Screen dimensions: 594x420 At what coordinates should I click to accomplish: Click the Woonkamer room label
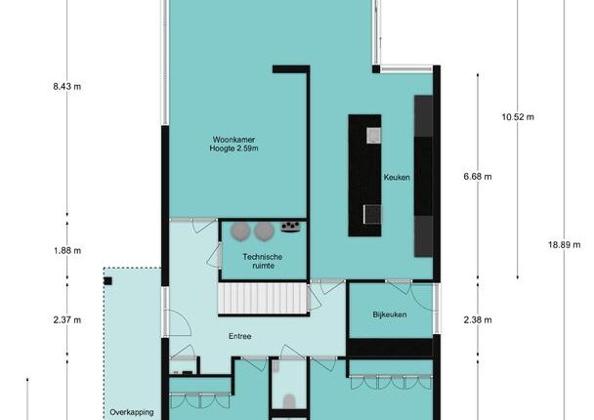tap(233, 140)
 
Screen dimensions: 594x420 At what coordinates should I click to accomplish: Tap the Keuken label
tap(397, 177)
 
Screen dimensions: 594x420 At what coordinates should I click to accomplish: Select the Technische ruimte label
tap(263, 262)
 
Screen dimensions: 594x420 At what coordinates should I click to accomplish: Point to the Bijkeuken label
tap(390, 315)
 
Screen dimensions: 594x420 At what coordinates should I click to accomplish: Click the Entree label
tap(239, 336)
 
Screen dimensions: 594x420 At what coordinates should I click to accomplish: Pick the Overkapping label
tap(132, 412)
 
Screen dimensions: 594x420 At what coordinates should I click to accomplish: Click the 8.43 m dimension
tap(67, 86)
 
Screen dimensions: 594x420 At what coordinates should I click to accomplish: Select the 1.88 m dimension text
tap(67, 250)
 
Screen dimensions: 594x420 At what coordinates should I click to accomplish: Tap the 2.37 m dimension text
tap(67, 320)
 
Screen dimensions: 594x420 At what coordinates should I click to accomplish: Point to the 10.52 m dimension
tap(518, 117)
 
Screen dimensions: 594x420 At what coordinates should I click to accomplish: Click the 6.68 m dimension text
tap(478, 177)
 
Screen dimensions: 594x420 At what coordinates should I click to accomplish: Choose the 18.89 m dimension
tap(564, 244)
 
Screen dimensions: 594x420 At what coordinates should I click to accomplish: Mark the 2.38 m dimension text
tap(478, 320)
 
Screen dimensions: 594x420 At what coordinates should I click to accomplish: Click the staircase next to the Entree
tap(263, 299)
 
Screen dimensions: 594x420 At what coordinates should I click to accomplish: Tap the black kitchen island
tap(364, 176)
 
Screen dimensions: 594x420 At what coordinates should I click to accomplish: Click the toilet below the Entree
tap(290, 401)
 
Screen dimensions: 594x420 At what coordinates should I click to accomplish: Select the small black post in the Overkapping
tap(108, 280)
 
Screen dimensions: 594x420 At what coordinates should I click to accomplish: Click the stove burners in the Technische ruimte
tap(290, 227)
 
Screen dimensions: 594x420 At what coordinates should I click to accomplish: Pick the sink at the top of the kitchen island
tap(373, 135)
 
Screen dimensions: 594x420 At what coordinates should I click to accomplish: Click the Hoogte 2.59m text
tap(233, 148)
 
